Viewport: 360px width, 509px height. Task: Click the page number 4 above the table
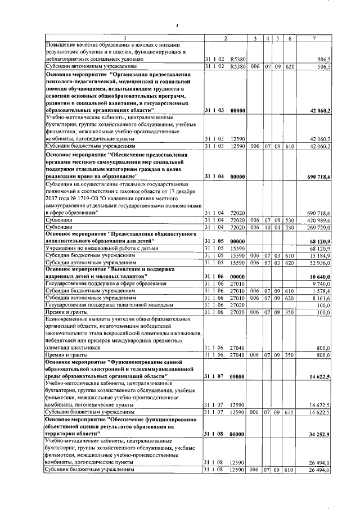[177, 25]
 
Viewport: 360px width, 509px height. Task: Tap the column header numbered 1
[124, 38]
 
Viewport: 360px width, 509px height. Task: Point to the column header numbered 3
[255, 38]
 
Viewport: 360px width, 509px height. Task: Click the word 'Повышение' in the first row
[62, 44]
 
